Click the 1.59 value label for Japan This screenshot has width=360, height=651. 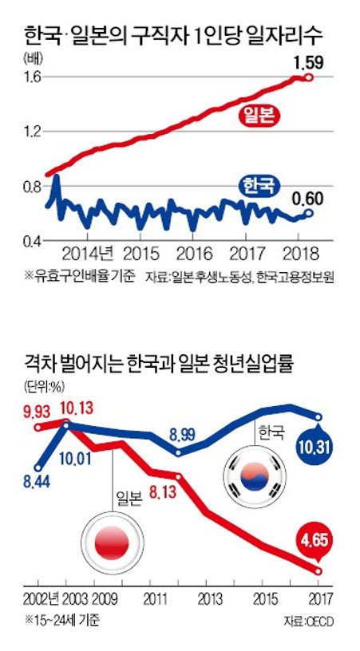pyautogui.click(x=309, y=61)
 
